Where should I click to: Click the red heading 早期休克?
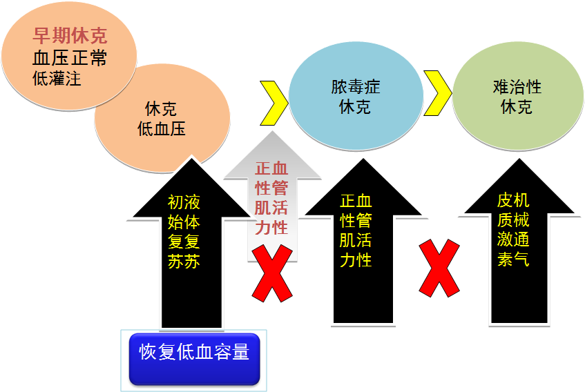[70, 36]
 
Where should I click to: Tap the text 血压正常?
[70, 57]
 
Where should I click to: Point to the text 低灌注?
[57, 78]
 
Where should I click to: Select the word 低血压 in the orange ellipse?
[162, 129]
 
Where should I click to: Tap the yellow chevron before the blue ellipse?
[273, 102]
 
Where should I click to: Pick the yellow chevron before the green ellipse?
[437, 92]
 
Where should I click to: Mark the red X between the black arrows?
[439, 268]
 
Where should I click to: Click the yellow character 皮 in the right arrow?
[505, 201]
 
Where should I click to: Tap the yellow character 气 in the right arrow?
[521, 260]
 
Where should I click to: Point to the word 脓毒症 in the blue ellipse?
[355, 87]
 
